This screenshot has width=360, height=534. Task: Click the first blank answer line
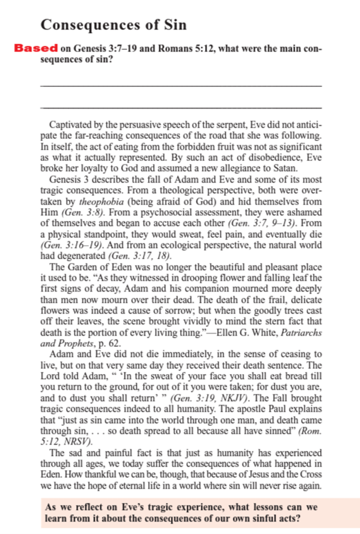pyautogui.click(x=182, y=85)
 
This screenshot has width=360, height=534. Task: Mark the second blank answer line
pyautogui.click(x=182, y=107)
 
